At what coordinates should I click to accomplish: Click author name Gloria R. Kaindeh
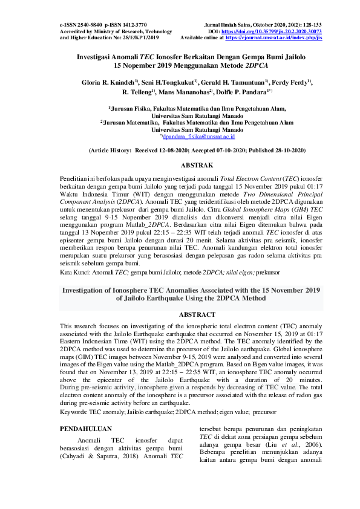click(108, 81)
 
